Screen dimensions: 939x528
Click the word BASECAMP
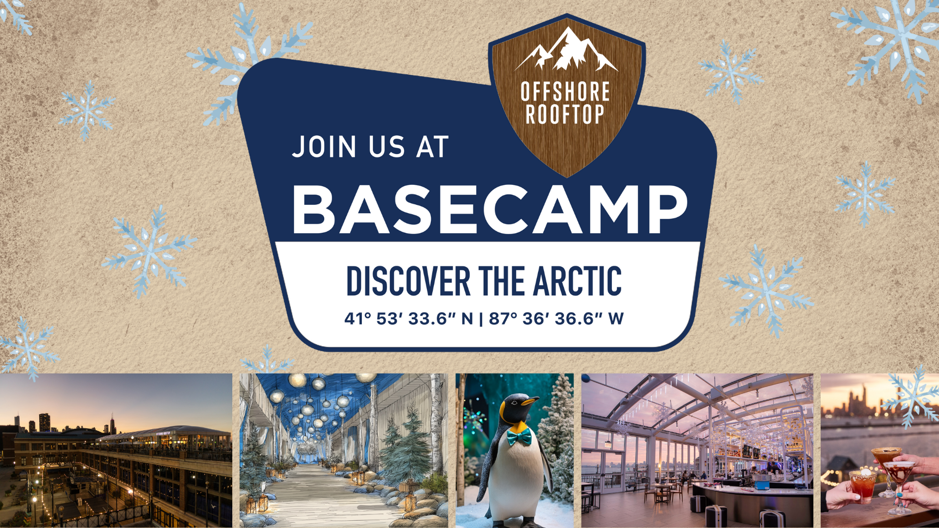point(491,210)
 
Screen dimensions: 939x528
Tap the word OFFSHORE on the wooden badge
point(565,91)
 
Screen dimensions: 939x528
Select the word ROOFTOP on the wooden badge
point(565,114)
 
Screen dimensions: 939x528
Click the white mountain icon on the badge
point(566,48)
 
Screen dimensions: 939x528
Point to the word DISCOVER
point(408,281)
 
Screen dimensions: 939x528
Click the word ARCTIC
point(577,281)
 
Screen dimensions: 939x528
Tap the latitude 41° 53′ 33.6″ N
point(409,319)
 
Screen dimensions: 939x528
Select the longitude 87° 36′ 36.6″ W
point(556,319)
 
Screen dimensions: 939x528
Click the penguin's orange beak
point(529,401)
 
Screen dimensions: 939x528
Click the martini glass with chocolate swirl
point(899,484)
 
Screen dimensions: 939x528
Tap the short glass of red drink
point(863,486)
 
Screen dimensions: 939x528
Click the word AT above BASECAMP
point(432,147)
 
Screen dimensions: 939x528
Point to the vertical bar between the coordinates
point(481,319)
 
